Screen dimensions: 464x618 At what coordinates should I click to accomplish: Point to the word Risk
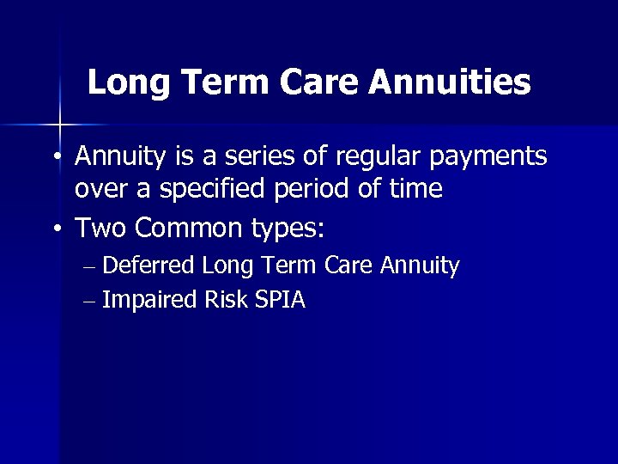tap(229, 300)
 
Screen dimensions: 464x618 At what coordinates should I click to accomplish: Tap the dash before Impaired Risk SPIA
tap(91, 301)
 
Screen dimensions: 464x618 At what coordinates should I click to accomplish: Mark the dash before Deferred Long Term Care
tap(91, 266)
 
